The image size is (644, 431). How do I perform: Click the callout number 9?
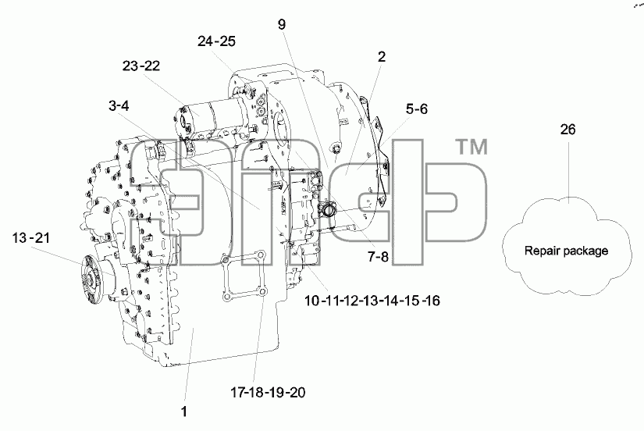(x=281, y=25)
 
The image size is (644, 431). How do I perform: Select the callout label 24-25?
(x=216, y=41)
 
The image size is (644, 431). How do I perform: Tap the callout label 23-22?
(x=141, y=66)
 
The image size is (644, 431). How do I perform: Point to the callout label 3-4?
(x=119, y=105)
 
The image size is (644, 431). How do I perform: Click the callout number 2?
(x=382, y=57)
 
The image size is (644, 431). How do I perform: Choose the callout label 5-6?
(x=417, y=109)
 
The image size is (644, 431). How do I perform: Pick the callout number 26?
(x=568, y=130)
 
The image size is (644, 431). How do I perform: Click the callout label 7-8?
(x=378, y=257)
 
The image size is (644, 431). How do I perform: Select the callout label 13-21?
(x=30, y=237)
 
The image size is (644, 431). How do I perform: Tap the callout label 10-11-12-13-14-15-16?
(x=372, y=301)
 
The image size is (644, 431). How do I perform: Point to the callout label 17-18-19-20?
(x=268, y=393)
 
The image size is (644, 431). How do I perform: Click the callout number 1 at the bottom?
(x=184, y=411)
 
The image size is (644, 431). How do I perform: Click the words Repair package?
(x=567, y=251)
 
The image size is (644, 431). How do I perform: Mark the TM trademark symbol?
(x=473, y=147)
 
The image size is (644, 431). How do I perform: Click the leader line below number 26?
(x=568, y=168)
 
